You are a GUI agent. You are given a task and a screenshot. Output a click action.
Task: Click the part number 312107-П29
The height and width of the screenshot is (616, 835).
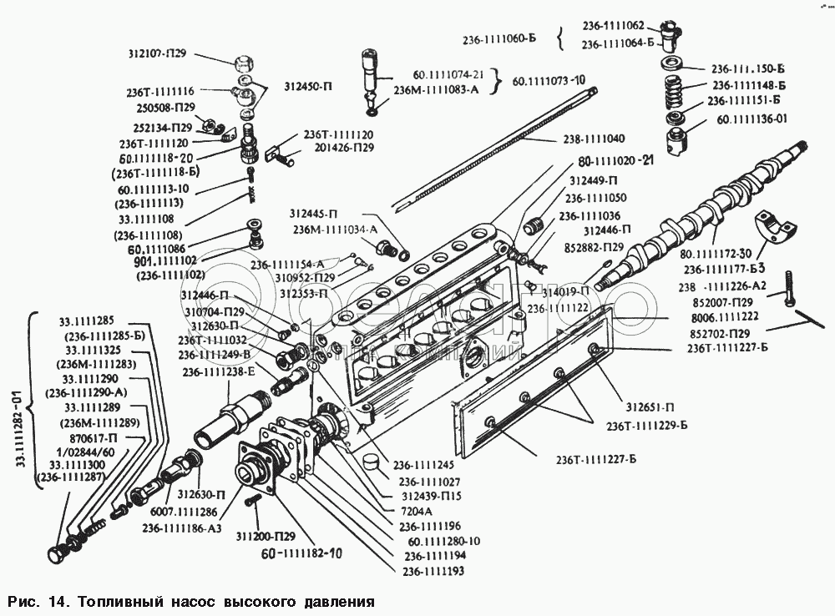tap(164, 54)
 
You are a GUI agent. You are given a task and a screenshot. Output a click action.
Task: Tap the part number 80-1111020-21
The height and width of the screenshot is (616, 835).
tap(614, 163)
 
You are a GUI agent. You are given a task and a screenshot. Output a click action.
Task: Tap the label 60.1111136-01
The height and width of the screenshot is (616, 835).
tap(751, 119)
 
